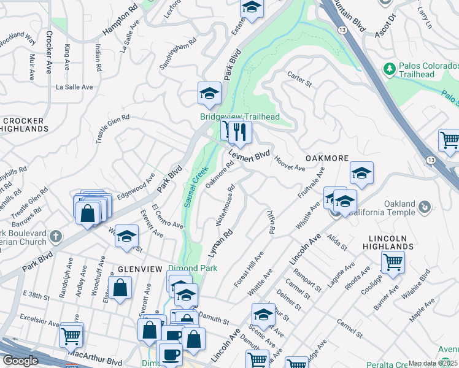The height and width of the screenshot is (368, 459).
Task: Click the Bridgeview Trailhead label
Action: pyautogui.click(x=239, y=117)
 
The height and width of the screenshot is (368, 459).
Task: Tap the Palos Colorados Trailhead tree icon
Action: pyautogui.click(x=388, y=69)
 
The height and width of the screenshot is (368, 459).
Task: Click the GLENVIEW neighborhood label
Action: pyautogui.click(x=141, y=269)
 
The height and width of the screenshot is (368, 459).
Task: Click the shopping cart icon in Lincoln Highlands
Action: pyautogui.click(x=393, y=262)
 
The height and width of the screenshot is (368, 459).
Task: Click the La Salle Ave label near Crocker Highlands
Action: pyautogui.click(x=74, y=87)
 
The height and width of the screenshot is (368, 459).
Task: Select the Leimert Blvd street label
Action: pyautogui.click(x=250, y=155)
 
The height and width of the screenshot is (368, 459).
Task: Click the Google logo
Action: pyautogui.click(x=21, y=361)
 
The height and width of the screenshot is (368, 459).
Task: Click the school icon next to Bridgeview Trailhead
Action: pyautogui.click(x=209, y=94)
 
